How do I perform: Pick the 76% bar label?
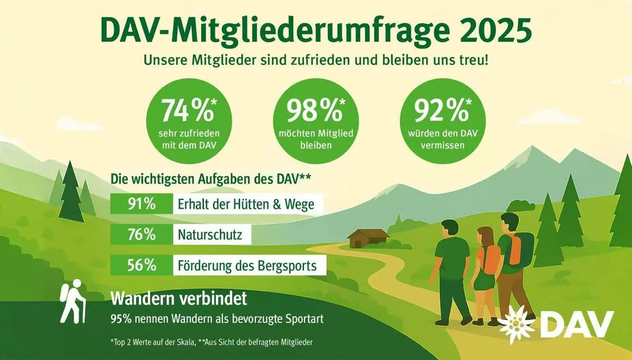point(141,235)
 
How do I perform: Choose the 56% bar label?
point(141,265)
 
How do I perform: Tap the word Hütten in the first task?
point(244,204)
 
